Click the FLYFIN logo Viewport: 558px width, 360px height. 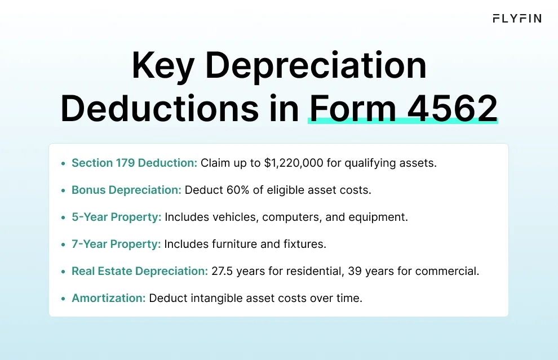[517, 19]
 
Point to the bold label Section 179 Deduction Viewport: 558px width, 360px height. [134, 163]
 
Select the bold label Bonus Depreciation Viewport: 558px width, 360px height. [126, 190]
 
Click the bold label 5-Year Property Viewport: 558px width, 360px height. [116, 217]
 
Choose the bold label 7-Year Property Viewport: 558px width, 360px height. [116, 244]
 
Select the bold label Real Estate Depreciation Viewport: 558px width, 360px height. [140, 271]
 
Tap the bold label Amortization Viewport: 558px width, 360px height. [108, 298]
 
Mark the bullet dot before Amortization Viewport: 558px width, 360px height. [63, 298]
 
